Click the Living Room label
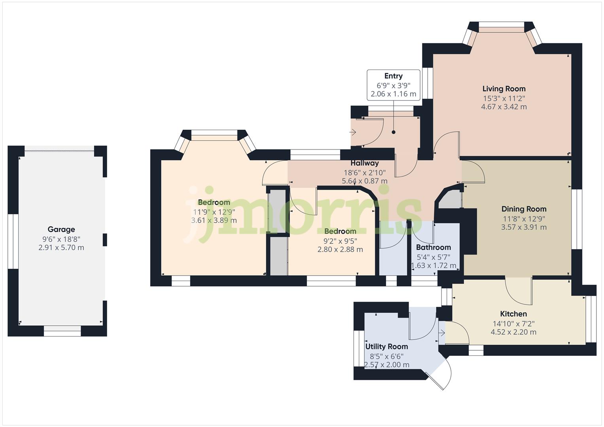504,89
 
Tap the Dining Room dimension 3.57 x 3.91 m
524,227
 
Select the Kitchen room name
513,314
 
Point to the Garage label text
61,229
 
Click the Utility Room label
386,347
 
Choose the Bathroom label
433,248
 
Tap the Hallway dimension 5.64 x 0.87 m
364,181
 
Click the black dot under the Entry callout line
394,132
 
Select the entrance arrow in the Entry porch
353,132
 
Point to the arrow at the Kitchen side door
442,333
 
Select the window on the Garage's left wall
13,241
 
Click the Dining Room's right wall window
577,219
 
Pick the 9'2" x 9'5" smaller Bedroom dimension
340,241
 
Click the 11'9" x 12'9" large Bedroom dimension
214,212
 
